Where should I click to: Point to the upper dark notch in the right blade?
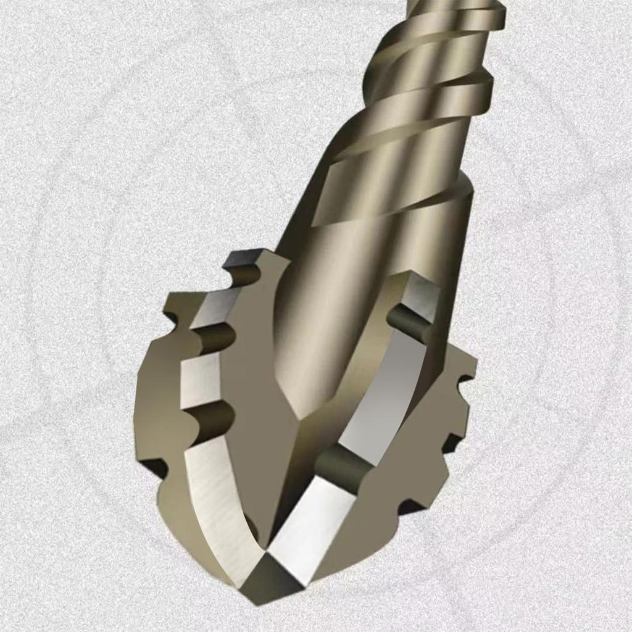[410, 322]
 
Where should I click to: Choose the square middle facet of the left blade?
[201, 380]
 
